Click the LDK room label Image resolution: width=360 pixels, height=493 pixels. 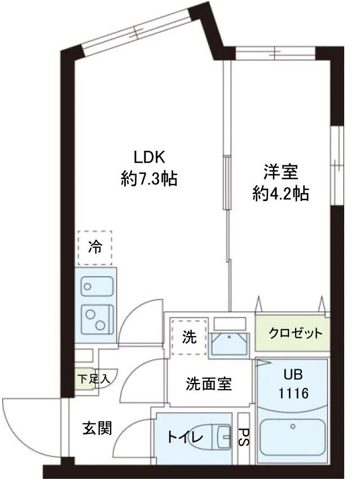(148, 156)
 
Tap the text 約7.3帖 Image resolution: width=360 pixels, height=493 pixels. (148, 180)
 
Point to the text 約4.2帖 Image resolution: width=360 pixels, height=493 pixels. (280, 194)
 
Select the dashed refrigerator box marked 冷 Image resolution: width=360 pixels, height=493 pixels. (95, 247)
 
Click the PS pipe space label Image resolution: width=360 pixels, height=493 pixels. (244, 437)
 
